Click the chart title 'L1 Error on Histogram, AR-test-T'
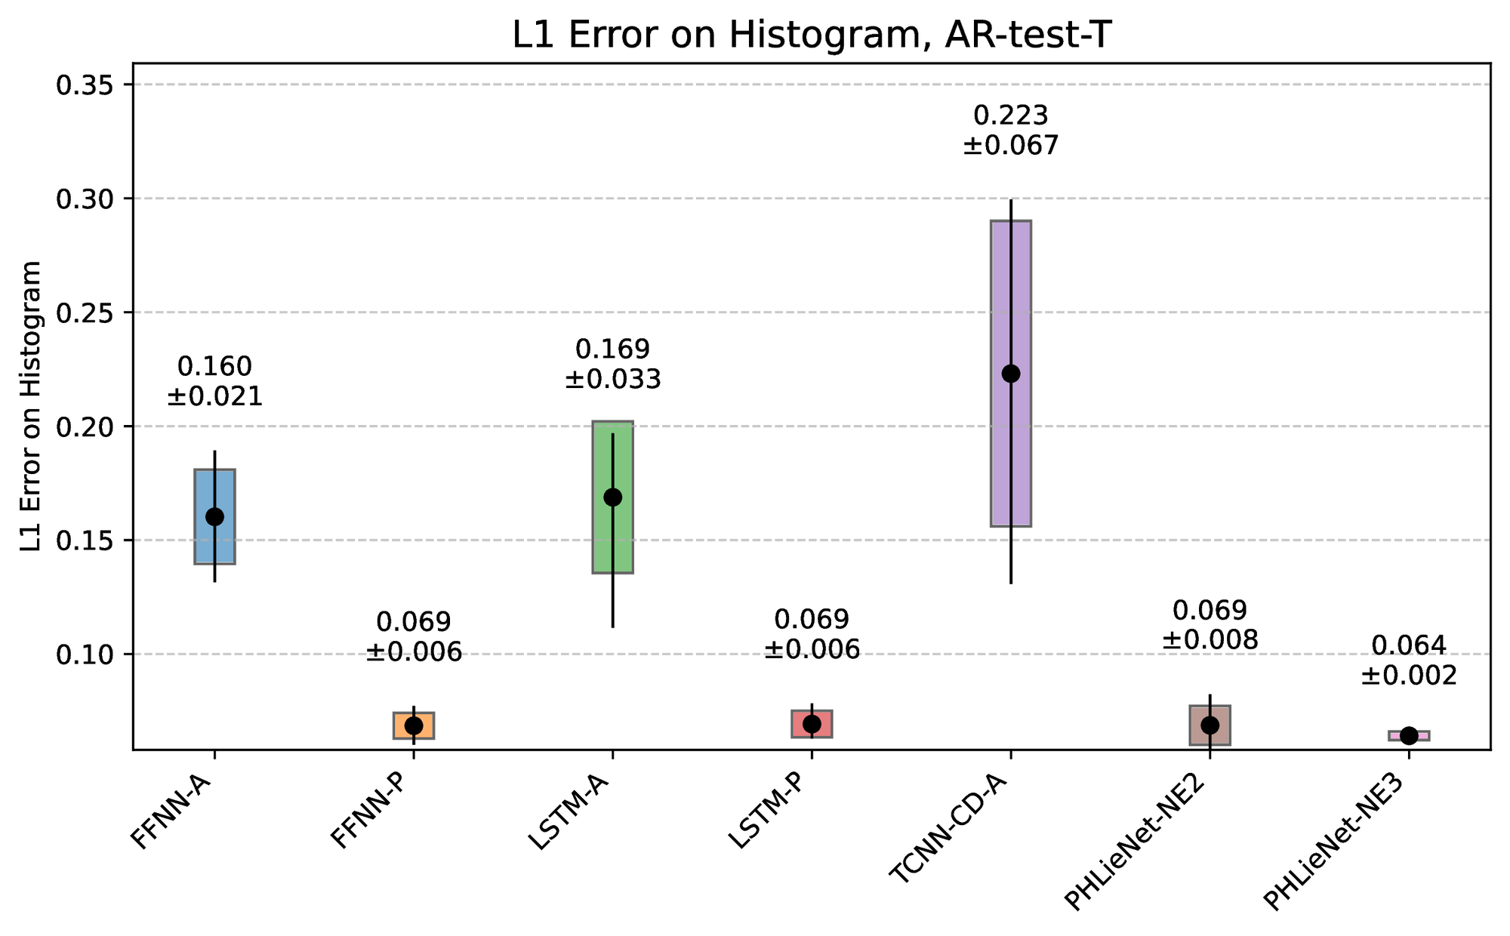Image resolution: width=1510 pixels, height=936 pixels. tap(812, 35)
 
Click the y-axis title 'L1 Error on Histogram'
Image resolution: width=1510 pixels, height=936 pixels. tap(32, 407)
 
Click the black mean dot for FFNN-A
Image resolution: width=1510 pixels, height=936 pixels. tap(214, 516)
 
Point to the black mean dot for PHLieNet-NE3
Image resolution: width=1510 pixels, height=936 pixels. tap(1409, 736)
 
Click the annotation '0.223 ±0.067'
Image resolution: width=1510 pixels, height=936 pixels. tap(1011, 130)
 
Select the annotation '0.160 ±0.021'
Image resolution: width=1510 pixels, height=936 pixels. tap(214, 381)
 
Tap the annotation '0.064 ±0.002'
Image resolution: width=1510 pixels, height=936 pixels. tap(1409, 660)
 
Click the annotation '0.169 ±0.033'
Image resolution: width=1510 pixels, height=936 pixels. tap(612, 364)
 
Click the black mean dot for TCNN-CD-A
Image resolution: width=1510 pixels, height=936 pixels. tap(1011, 374)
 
